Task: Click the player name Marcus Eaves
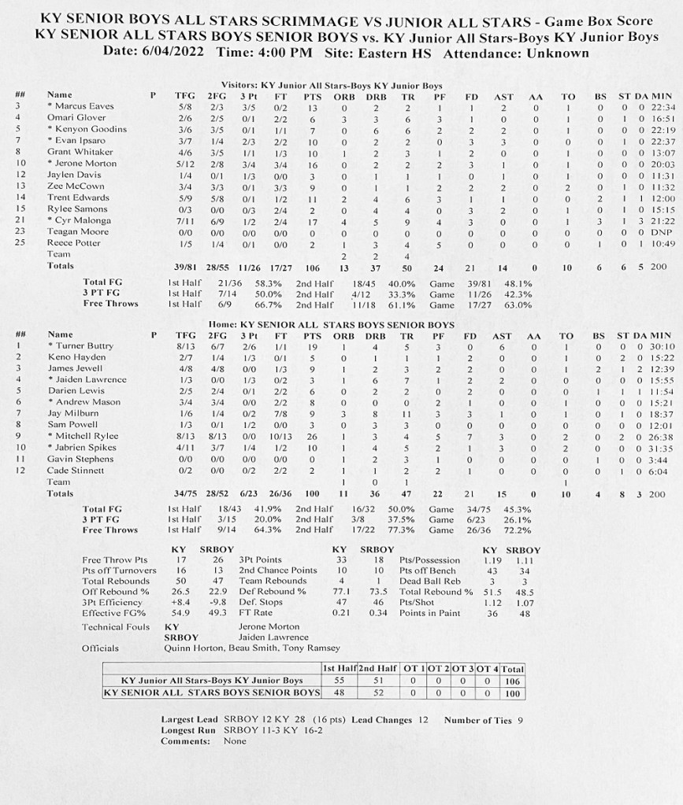(x=84, y=106)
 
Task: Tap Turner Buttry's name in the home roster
(x=84, y=346)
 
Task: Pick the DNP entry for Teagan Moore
(x=659, y=232)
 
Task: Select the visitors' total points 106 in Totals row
(x=313, y=267)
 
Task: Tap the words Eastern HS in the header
(x=397, y=54)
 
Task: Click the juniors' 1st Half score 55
(x=339, y=681)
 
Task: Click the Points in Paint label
(x=434, y=613)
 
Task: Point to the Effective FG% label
(x=113, y=613)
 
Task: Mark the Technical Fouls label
(x=115, y=627)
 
